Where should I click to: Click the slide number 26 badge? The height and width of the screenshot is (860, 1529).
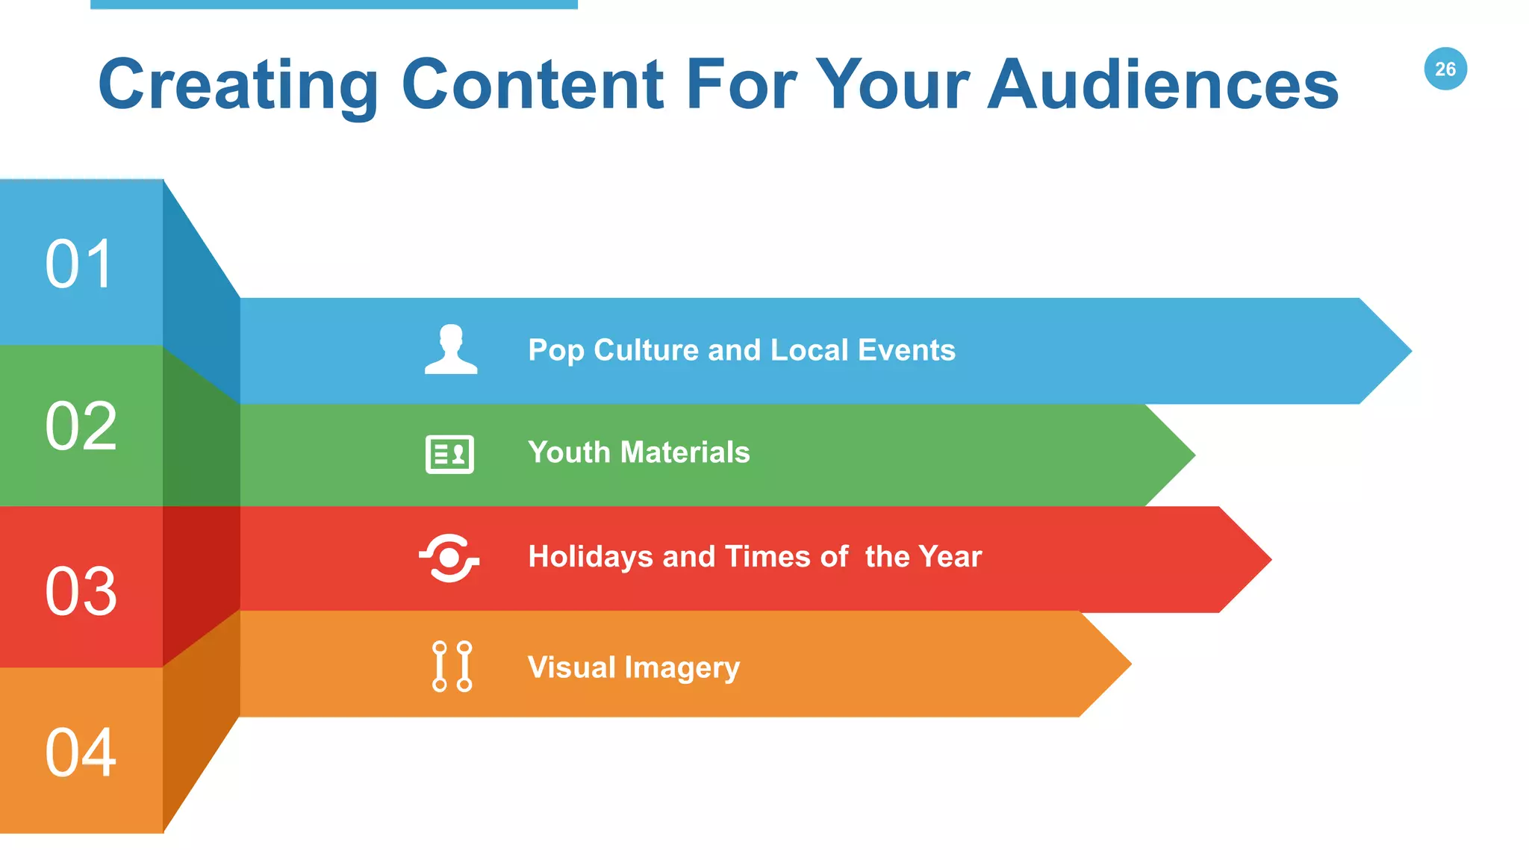point(1445,69)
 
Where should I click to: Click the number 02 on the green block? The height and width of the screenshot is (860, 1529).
point(81,426)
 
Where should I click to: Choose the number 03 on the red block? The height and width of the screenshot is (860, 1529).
point(81,591)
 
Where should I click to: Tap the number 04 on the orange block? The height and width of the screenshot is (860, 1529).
point(81,752)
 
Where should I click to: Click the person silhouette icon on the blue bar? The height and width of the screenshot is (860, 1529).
point(451,349)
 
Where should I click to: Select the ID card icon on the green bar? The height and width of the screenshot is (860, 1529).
point(449,454)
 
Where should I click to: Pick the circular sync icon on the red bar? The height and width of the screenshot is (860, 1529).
point(449,558)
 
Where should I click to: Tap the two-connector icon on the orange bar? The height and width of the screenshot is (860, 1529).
point(452,666)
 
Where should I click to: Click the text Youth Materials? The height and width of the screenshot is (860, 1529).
point(638,452)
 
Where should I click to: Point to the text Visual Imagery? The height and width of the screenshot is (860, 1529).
point(633,667)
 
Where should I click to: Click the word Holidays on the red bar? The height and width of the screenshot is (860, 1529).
point(591,557)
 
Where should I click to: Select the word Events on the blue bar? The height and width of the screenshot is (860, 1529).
point(906,350)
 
